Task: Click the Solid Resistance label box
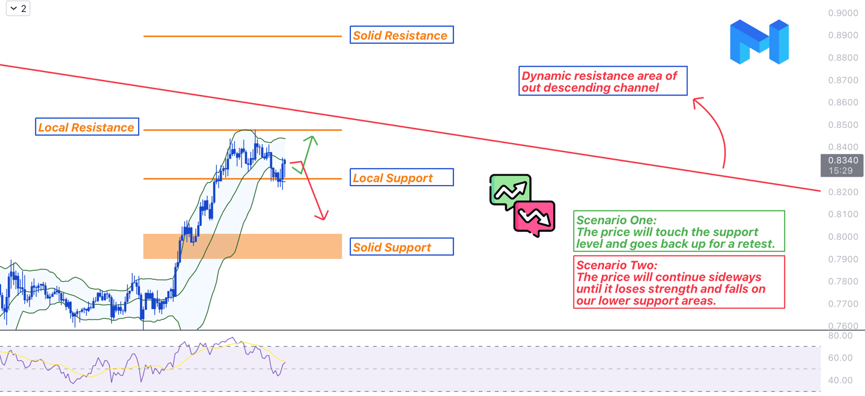(x=401, y=35)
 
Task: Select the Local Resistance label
(x=87, y=127)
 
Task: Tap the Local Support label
(x=401, y=178)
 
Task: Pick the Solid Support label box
(x=401, y=247)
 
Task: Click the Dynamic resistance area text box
(x=603, y=81)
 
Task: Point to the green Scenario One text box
(x=679, y=231)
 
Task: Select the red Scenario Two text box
(x=679, y=282)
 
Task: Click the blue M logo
(x=759, y=42)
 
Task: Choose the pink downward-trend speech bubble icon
(x=534, y=218)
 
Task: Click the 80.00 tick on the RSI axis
(x=840, y=335)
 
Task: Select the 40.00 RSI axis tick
(x=840, y=380)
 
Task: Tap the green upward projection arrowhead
(x=312, y=140)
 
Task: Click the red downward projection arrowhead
(x=324, y=216)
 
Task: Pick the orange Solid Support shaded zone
(x=243, y=246)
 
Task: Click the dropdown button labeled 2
(x=18, y=8)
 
